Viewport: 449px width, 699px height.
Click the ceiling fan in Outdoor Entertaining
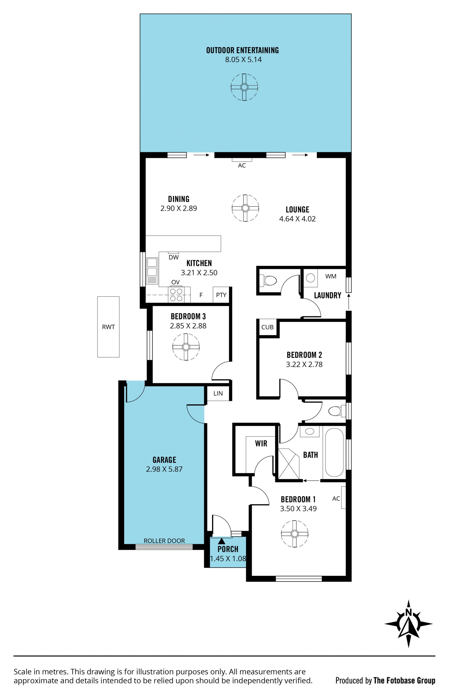point(244,87)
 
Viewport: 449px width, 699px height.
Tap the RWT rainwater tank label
point(109,327)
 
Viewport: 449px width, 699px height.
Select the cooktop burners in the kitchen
point(176,295)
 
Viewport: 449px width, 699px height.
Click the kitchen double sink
point(152,271)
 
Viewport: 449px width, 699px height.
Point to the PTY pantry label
point(221,295)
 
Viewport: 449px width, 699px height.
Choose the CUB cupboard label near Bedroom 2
point(267,327)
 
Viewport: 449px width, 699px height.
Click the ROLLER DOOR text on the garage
point(164,541)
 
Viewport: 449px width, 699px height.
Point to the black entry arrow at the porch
point(222,541)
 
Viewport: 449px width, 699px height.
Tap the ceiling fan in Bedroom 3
point(186,347)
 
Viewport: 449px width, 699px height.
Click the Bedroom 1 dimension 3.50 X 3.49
point(298,508)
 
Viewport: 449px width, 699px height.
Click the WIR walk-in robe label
point(261,443)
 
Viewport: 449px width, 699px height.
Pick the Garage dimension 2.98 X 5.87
point(164,469)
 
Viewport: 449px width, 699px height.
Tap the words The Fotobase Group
point(404,680)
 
